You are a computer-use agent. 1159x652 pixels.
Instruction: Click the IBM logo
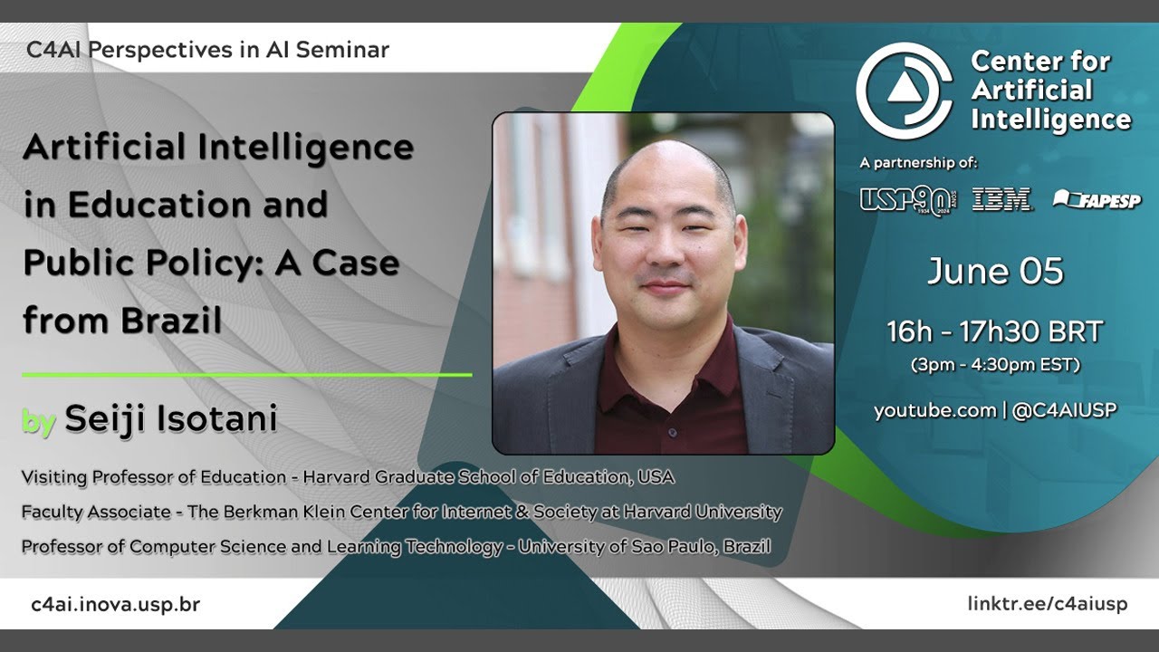coord(1001,199)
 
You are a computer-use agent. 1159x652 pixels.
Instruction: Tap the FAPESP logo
coord(1097,199)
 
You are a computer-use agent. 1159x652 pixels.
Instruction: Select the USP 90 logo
coord(907,199)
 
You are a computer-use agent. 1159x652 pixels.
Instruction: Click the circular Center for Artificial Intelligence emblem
coord(905,91)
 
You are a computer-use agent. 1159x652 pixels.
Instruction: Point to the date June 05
coord(994,272)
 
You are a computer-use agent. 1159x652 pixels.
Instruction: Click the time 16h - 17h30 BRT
coord(994,332)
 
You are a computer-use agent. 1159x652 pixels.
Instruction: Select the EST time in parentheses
coord(994,366)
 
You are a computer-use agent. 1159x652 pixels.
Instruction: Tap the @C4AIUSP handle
coord(1064,410)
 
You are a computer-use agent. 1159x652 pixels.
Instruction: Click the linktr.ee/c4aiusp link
coord(1047,604)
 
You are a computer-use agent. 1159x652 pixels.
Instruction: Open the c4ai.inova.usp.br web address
coord(115,604)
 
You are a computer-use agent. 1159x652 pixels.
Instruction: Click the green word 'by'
coord(39,421)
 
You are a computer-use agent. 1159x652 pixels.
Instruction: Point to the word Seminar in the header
coord(342,50)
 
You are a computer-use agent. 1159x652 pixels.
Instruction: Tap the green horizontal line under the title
coord(246,374)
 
